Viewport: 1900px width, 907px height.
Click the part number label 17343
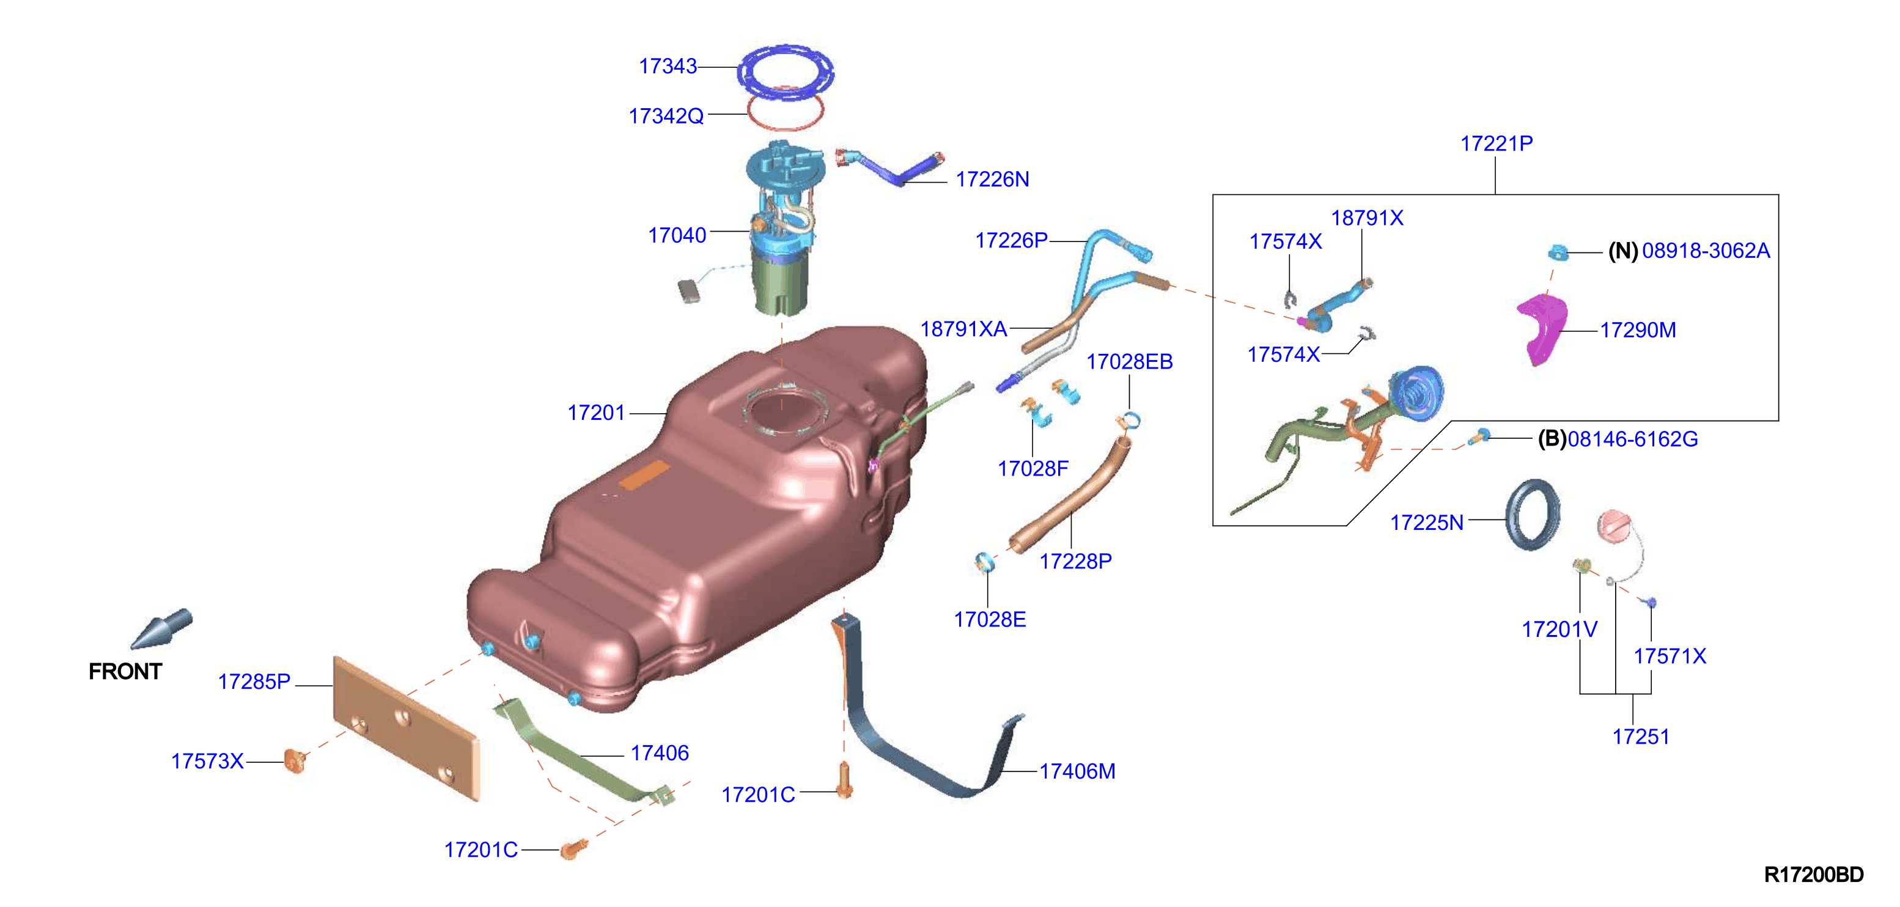click(x=668, y=67)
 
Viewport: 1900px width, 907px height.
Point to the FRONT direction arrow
click(x=162, y=628)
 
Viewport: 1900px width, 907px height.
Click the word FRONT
click(x=125, y=672)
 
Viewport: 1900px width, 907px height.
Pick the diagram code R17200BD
click(x=1814, y=875)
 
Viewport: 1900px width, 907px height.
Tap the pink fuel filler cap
click(x=1615, y=526)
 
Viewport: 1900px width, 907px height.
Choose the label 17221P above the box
click(x=1497, y=143)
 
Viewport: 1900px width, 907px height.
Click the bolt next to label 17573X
click(x=295, y=760)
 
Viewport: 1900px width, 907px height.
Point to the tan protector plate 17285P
click(x=406, y=728)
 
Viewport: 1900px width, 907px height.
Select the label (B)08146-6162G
click(x=1618, y=439)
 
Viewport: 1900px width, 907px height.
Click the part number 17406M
click(x=1078, y=771)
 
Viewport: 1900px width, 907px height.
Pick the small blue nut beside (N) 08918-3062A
click(x=1557, y=253)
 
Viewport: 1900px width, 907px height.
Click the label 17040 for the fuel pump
click(x=677, y=235)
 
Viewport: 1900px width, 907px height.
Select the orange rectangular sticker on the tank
click(x=643, y=476)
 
